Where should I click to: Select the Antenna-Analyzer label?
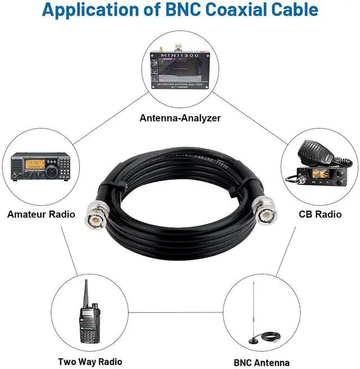pos(180,118)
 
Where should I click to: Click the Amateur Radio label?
pos(41,214)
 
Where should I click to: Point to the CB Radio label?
pos(320,214)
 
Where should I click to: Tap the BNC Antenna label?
pos(262,362)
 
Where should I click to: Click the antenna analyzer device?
pos(180,71)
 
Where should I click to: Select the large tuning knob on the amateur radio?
pos(51,170)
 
